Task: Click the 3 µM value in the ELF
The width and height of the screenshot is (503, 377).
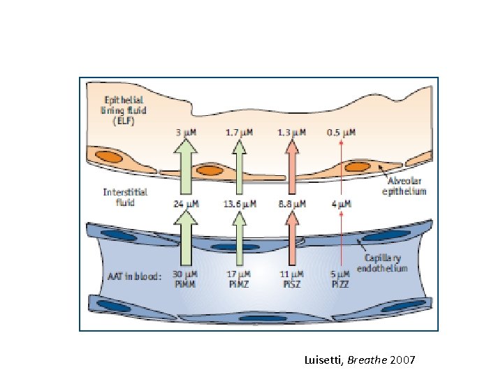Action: (186, 131)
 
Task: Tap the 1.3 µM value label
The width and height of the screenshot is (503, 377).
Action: (292, 131)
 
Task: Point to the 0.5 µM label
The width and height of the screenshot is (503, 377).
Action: (342, 131)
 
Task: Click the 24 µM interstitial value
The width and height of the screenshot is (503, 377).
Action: (186, 204)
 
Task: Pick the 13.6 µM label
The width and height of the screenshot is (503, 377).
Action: (240, 204)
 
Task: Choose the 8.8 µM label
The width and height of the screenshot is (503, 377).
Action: (291, 204)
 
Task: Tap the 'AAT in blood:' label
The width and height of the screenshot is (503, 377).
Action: (132, 275)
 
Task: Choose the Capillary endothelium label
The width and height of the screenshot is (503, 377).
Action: (382, 263)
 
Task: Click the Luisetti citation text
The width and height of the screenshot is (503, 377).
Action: (360, 360)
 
